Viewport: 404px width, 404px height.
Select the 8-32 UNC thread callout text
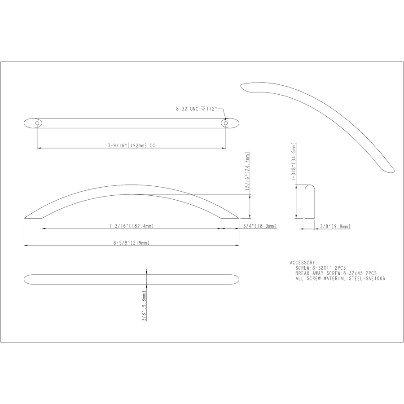(196, 109)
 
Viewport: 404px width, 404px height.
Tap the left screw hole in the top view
(37, 122)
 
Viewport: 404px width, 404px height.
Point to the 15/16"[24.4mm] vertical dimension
(246, 172)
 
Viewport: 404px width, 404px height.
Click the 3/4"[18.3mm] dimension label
(259, 226)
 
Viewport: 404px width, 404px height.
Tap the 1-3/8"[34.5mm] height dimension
(294, 162)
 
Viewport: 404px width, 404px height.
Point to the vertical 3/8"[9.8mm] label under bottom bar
(145, 305)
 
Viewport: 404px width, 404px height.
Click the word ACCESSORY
(304, 263)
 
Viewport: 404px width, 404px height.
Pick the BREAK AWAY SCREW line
(336, 273)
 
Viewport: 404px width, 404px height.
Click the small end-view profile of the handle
(309, 201)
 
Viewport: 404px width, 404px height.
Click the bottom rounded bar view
(131, 279)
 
